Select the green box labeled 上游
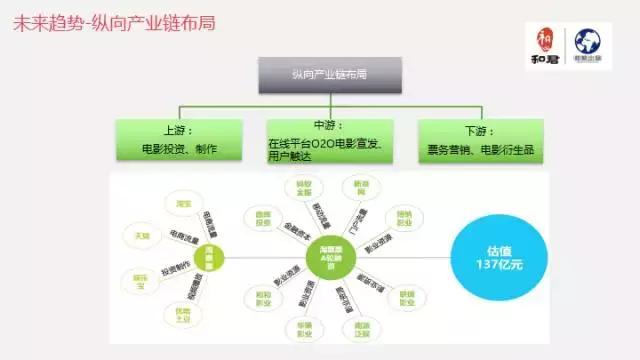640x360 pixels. pyautogui.click(x=179, y=140)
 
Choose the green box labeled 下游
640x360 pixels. pyautogui.click(x=480, y=140)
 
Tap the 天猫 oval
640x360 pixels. pyautogui.click(x=130, y=236)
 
